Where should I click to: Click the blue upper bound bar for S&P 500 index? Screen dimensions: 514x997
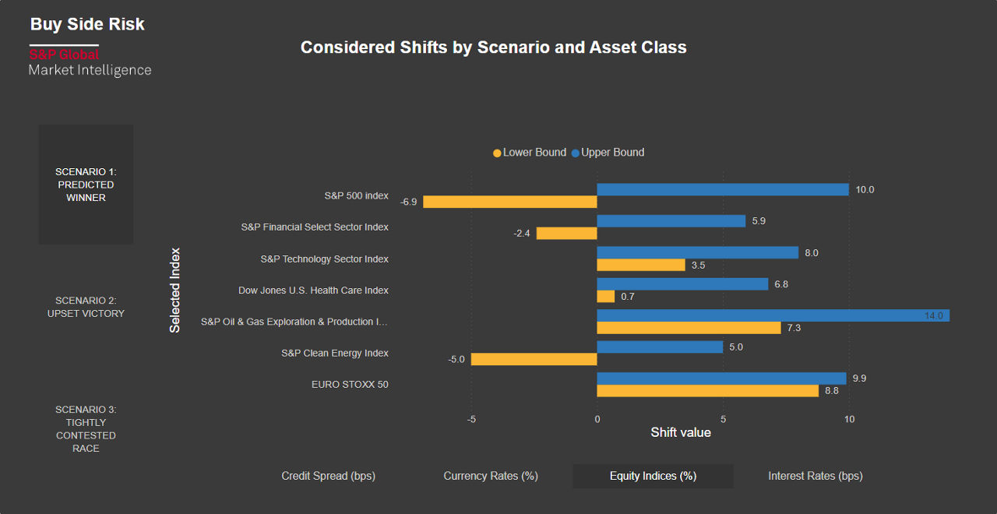point(722,189)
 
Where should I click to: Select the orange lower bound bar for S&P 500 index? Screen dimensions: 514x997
point(509,202)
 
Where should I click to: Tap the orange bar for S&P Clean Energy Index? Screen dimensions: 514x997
point(534,359)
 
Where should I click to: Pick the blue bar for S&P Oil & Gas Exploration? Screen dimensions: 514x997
point(773,315)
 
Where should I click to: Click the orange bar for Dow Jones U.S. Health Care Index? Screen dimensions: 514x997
point(605,297)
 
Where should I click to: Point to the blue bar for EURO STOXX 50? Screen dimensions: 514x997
point(721,378)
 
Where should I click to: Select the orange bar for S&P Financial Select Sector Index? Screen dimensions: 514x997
point(566,233)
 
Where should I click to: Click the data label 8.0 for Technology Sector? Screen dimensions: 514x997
point(812,253)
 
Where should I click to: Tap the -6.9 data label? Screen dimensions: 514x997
point(408,202)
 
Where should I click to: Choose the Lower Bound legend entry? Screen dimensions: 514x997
point(530,153)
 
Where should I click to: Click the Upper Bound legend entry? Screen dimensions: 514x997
point(608,153)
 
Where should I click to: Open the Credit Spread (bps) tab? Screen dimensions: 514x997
point(328,476)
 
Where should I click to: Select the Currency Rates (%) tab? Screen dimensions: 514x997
point(491,476)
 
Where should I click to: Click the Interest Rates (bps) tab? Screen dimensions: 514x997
point(816,476)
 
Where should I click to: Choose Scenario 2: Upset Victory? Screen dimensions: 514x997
point(86,307)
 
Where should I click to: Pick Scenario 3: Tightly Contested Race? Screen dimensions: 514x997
point(86,428)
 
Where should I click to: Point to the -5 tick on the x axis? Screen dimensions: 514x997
point(471,419)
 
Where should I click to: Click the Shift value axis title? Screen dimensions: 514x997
point(681,432)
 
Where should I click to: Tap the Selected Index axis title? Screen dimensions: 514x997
point(175,290)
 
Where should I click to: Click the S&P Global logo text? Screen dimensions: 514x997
point(64,55)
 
